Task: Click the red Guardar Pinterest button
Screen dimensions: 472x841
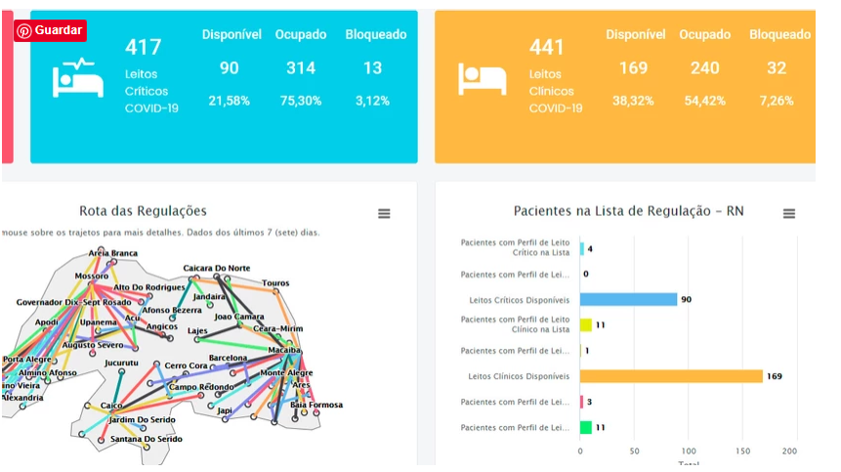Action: tap(50, 30)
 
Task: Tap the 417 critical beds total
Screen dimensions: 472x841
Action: tap(143, 47)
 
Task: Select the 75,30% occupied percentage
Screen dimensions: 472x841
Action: tap(301, 101)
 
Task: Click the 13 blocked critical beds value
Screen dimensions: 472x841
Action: tap(372, 68)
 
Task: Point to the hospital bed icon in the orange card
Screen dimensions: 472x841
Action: tap(482, 78)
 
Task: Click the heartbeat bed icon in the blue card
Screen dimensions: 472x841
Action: tap(77, 78)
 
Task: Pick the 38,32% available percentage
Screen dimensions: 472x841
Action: tap(633, 101)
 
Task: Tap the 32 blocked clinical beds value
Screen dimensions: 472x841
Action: tap(777, 68)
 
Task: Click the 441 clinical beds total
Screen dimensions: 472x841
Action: tap(547, 47)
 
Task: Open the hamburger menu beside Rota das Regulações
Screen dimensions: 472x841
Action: tap(384, 214)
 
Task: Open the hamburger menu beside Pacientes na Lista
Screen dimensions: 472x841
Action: tap(789, 214)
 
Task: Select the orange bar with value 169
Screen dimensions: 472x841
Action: tap(671, 376)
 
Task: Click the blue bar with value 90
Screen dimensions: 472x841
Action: tap(628, 299)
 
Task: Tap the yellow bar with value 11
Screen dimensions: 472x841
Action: tap(586, 324)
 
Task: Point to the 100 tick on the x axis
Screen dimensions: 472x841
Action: tap(688, 451)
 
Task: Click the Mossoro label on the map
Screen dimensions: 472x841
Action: tap(92, 277)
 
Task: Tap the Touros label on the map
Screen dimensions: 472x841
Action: tap(275, 283)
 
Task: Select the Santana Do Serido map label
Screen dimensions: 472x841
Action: tap(147, 440)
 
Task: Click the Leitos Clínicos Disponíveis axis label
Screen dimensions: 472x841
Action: tap(519, 376)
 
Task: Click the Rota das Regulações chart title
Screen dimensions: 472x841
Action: tap(143, 211)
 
